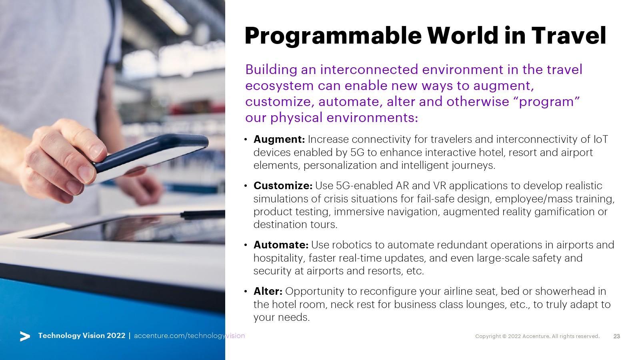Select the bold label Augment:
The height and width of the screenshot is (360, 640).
[279, 140]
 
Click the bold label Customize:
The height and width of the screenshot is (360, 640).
[283, 186]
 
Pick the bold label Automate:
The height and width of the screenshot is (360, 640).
[281, 245]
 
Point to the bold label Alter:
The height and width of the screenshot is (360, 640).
[268, 291]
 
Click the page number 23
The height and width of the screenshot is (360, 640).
[616, 336]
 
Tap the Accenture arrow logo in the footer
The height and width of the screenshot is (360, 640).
[25, 336]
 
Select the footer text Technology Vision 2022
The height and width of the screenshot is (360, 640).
[82, 336]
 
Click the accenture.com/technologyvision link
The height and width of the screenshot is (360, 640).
[190, 336]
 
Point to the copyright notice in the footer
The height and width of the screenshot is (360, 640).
[537, 336]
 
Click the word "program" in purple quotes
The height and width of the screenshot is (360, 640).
[549, 102]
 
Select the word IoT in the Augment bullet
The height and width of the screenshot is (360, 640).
[600, 140]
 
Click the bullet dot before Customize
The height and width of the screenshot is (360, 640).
[246, 186]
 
